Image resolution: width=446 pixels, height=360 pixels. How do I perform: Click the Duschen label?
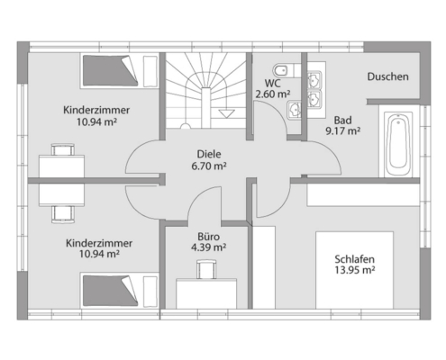[x=387, y=76]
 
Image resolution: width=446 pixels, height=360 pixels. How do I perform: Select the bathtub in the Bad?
[x=398, y=146]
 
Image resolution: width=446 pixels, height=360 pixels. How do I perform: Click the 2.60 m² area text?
[x=273, y=94]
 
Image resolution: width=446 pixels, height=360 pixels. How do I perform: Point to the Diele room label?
[x=209, y=154]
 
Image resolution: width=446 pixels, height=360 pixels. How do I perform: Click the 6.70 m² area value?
[x=209, y=166]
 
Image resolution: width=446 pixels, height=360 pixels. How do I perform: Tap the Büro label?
[x=208, y=237]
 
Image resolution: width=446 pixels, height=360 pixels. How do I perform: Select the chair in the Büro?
[x=206, y=269]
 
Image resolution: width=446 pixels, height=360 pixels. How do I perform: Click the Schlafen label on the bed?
[x=354, y=259]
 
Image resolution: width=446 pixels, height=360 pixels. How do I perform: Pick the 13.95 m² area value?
[x=355, y=270]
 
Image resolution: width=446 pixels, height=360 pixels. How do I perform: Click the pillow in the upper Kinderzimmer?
[x=150, y=71]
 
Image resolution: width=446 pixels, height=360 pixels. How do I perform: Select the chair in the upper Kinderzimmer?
[x=63, y=149]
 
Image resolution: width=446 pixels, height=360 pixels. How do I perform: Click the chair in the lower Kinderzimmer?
[x=63, y=214]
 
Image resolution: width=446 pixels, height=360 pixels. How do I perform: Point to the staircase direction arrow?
[x=226, y=113]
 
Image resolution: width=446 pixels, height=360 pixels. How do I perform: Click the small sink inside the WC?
[x=294, y=110]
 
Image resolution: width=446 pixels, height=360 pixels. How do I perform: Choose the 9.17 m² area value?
[x=343, y=131]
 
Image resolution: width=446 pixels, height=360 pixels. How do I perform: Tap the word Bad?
[x=342, y=121]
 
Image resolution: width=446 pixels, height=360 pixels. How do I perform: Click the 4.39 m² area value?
[x=208, y=247]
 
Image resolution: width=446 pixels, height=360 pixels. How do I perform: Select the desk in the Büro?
[x=206, y=293]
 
